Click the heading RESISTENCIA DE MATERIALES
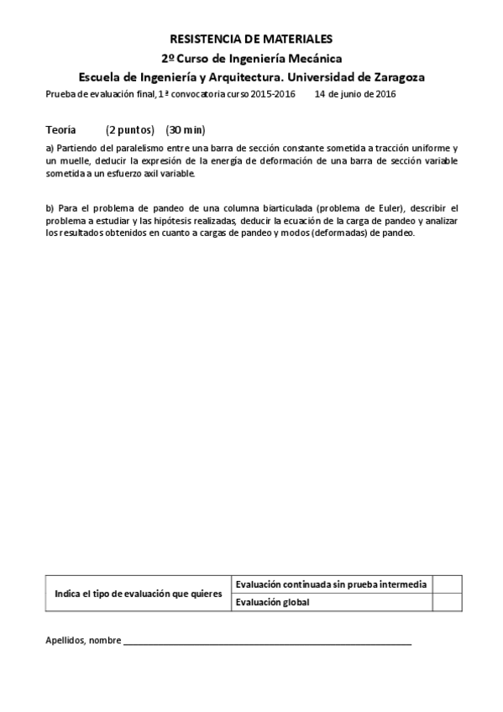(251, 39)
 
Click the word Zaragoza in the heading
(395, 76)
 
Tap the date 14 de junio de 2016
(355, 94)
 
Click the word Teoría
(60, 130)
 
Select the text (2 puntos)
(130, 130)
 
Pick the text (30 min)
(186, 130)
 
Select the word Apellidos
(64, 641)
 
